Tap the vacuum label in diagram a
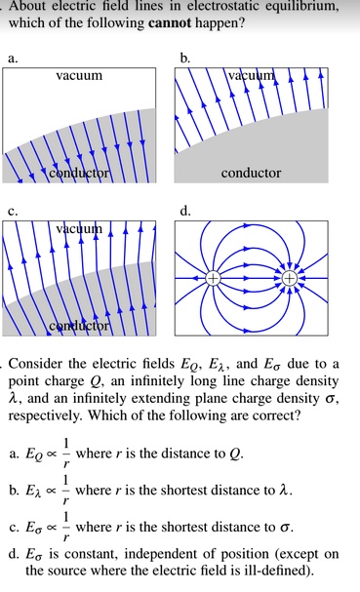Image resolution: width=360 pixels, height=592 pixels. (79, 75)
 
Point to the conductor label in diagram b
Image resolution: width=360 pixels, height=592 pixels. (251, 173)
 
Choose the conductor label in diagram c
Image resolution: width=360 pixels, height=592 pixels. (80, 324)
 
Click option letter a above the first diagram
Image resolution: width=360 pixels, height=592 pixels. (13, 59)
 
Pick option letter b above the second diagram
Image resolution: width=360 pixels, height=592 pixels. (185, 59)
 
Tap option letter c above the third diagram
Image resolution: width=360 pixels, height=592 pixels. (13, 210)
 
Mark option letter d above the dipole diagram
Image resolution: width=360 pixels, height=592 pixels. (185, 210)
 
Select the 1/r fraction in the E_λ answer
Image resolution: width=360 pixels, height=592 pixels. (65, 490)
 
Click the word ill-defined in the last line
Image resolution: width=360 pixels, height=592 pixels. (278, 571)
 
